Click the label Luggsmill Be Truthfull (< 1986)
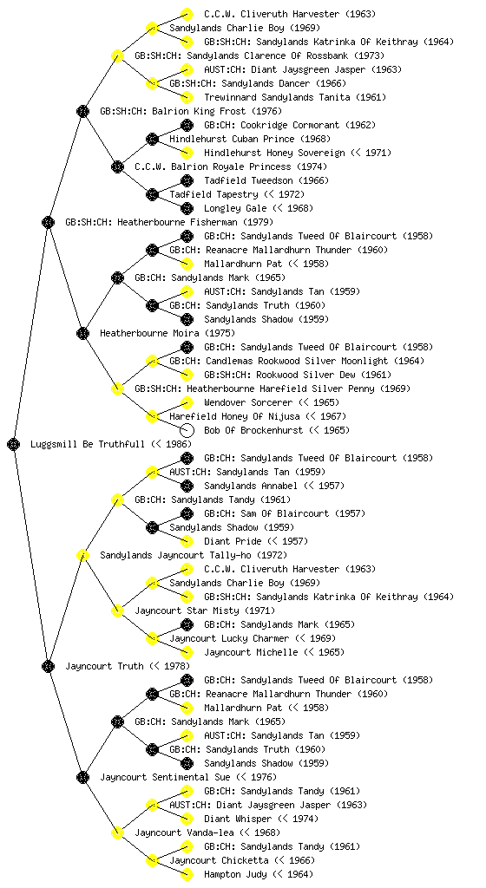(111, 444)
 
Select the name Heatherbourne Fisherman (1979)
(168, 222)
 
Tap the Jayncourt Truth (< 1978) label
(128, 666)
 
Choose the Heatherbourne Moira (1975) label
(167, 333)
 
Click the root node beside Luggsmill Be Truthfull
(14, 444)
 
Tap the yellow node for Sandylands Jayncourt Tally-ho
(82, 555)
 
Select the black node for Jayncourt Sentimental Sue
(82, 777)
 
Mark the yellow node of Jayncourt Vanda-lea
(117, 832)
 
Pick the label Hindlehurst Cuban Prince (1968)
(250, 139)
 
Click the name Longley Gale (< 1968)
(259, 208)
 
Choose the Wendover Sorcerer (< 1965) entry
(272, 402)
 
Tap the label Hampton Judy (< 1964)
(259, 874)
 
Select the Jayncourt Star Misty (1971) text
(205, 610)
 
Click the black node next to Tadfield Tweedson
(187, 180)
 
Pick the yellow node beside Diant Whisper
(187, 819)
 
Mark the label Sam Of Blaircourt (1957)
(285, 513)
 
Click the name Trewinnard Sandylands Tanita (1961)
(295, 97)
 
